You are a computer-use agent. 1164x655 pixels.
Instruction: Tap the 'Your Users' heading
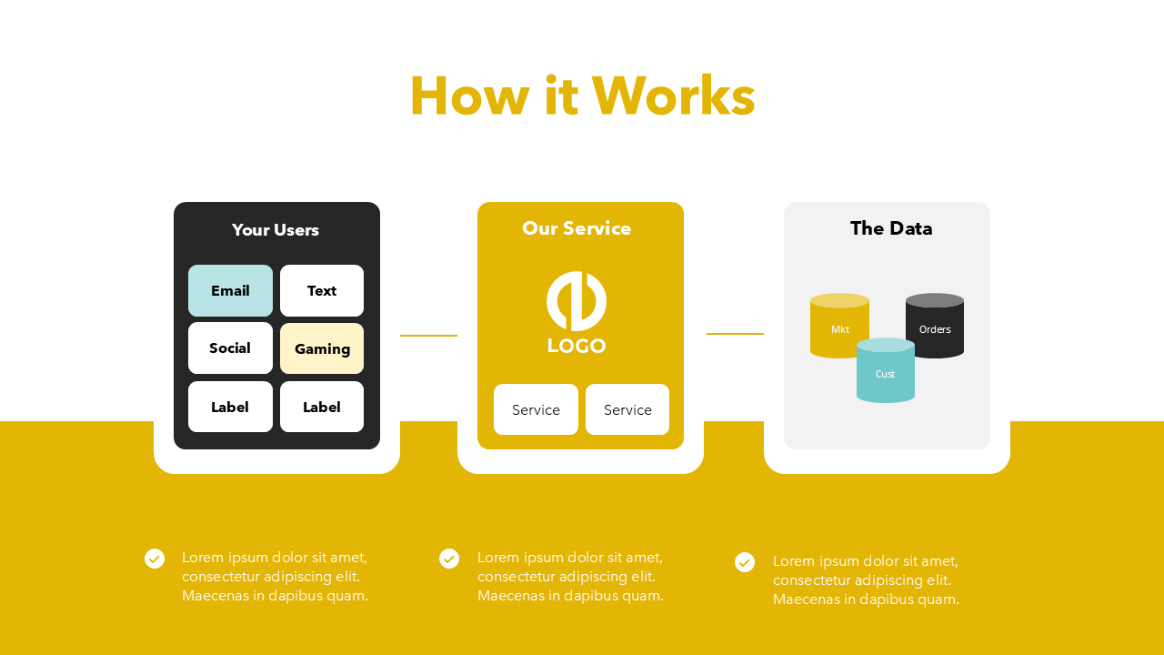[x=276, y=230]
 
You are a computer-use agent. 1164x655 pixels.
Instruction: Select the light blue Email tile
[x=230, y=291]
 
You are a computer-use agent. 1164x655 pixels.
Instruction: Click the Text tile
[x=322, y=291]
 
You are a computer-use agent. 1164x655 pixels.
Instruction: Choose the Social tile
[x=230, y=348]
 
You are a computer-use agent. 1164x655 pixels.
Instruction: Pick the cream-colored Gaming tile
[x=322, y=348]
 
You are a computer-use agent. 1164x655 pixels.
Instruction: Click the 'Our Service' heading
[x=577, y=228]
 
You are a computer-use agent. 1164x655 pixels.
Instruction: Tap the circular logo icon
[x=577, y=301]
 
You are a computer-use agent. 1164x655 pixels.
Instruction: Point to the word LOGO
[x=577, y=346]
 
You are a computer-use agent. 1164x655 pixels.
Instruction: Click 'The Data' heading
[x=891, y=228]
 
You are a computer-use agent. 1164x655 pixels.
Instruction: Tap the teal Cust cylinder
[x=885, y=373]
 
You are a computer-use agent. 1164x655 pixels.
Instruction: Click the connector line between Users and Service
[x=428, y=336]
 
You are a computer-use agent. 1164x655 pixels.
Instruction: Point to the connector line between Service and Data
[x=735, y=334]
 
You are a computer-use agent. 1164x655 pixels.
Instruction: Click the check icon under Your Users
[x=155, y=559]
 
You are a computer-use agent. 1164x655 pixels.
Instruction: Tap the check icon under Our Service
[x=449, y=559]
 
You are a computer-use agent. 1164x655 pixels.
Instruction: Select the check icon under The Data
[x=745, y=562]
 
